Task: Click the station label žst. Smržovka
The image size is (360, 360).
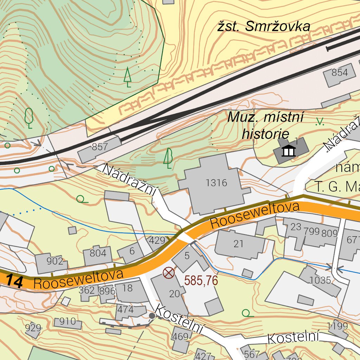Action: click(x=263, y=26)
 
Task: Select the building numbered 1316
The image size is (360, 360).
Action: click(x=216, y=183)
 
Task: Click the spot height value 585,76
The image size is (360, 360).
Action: click(x=201, y=281)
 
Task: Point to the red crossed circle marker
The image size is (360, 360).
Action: click(x=169, y=272)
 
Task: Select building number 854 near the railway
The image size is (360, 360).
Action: click(x=340, y=73)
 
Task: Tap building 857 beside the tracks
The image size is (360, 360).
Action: click(x=99, y=147)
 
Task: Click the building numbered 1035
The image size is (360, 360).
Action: click(x=320, y=280)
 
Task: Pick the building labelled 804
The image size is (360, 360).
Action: click(x=98, y=253)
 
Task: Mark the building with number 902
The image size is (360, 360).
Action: click(x=55, y=262)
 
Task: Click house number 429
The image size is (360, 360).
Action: click(x=157, y=240)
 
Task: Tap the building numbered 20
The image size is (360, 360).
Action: click(x=174, y=294)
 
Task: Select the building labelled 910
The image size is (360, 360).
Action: click(x=67, y=321)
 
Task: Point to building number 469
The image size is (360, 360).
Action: click(x=180, y=337)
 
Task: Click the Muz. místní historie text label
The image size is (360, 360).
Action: click(x=265, y=125)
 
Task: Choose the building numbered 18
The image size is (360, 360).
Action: click(x=128, y=288)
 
